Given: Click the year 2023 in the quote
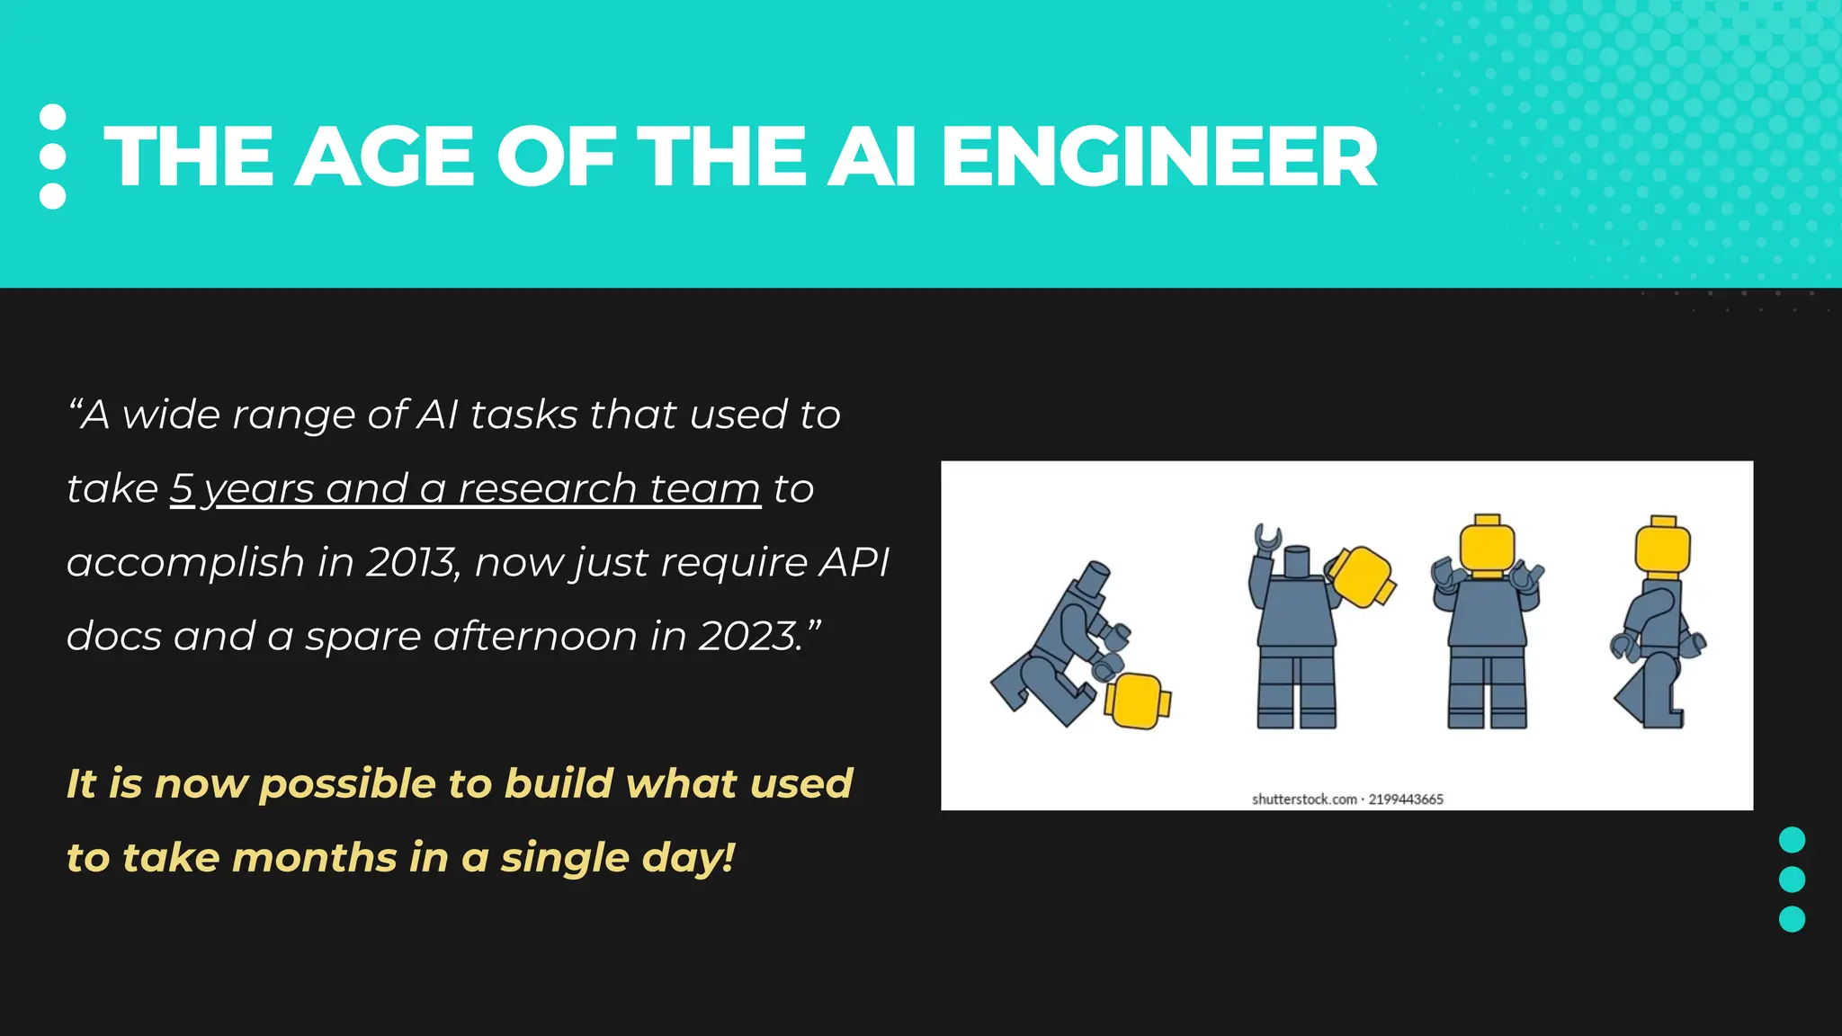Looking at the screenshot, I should click(x=750, y=636).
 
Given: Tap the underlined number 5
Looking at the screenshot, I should click(x=182, y=488).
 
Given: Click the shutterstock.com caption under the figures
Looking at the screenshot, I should click(x=1304, y=799).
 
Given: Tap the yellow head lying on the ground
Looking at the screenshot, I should click(x=1137, y=701).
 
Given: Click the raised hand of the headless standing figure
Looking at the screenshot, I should click(x=1268, y=537).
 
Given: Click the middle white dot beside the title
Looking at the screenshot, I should click(x=53, y=156).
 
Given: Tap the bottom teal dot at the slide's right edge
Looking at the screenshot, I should click(x=1792, y=919).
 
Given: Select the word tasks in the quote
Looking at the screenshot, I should click(x=523, y=415).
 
